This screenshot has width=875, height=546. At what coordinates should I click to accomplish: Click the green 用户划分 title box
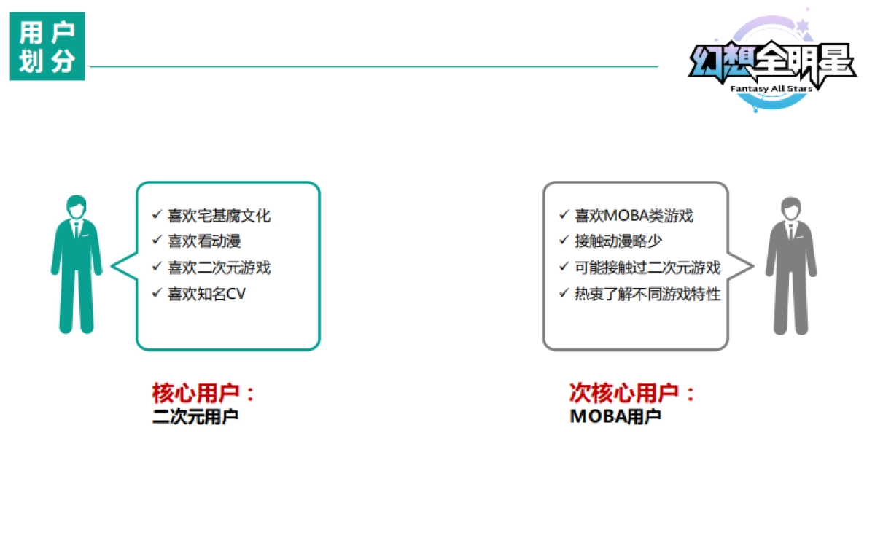47,47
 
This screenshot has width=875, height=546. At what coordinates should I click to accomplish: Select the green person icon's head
77,207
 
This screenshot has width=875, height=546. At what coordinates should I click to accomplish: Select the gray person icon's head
791,208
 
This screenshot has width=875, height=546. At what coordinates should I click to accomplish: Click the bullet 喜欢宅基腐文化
219,216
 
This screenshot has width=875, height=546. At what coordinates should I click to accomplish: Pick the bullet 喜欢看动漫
204,241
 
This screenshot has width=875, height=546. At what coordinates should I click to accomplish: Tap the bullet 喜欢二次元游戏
219,268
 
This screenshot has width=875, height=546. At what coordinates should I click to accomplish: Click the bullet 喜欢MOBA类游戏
634,216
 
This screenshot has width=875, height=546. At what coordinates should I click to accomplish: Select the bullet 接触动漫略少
618,241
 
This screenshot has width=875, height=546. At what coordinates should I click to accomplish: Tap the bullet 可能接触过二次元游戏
647,268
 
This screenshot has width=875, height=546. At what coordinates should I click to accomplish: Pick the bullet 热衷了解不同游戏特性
647,294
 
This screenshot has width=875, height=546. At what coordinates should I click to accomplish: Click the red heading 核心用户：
204,394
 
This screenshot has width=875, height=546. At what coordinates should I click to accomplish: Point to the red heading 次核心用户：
632,394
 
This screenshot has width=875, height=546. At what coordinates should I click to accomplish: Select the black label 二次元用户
195,418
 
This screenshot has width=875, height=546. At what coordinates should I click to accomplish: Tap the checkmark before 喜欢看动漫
157,241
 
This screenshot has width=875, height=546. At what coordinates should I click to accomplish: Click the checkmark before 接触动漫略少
564,241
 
